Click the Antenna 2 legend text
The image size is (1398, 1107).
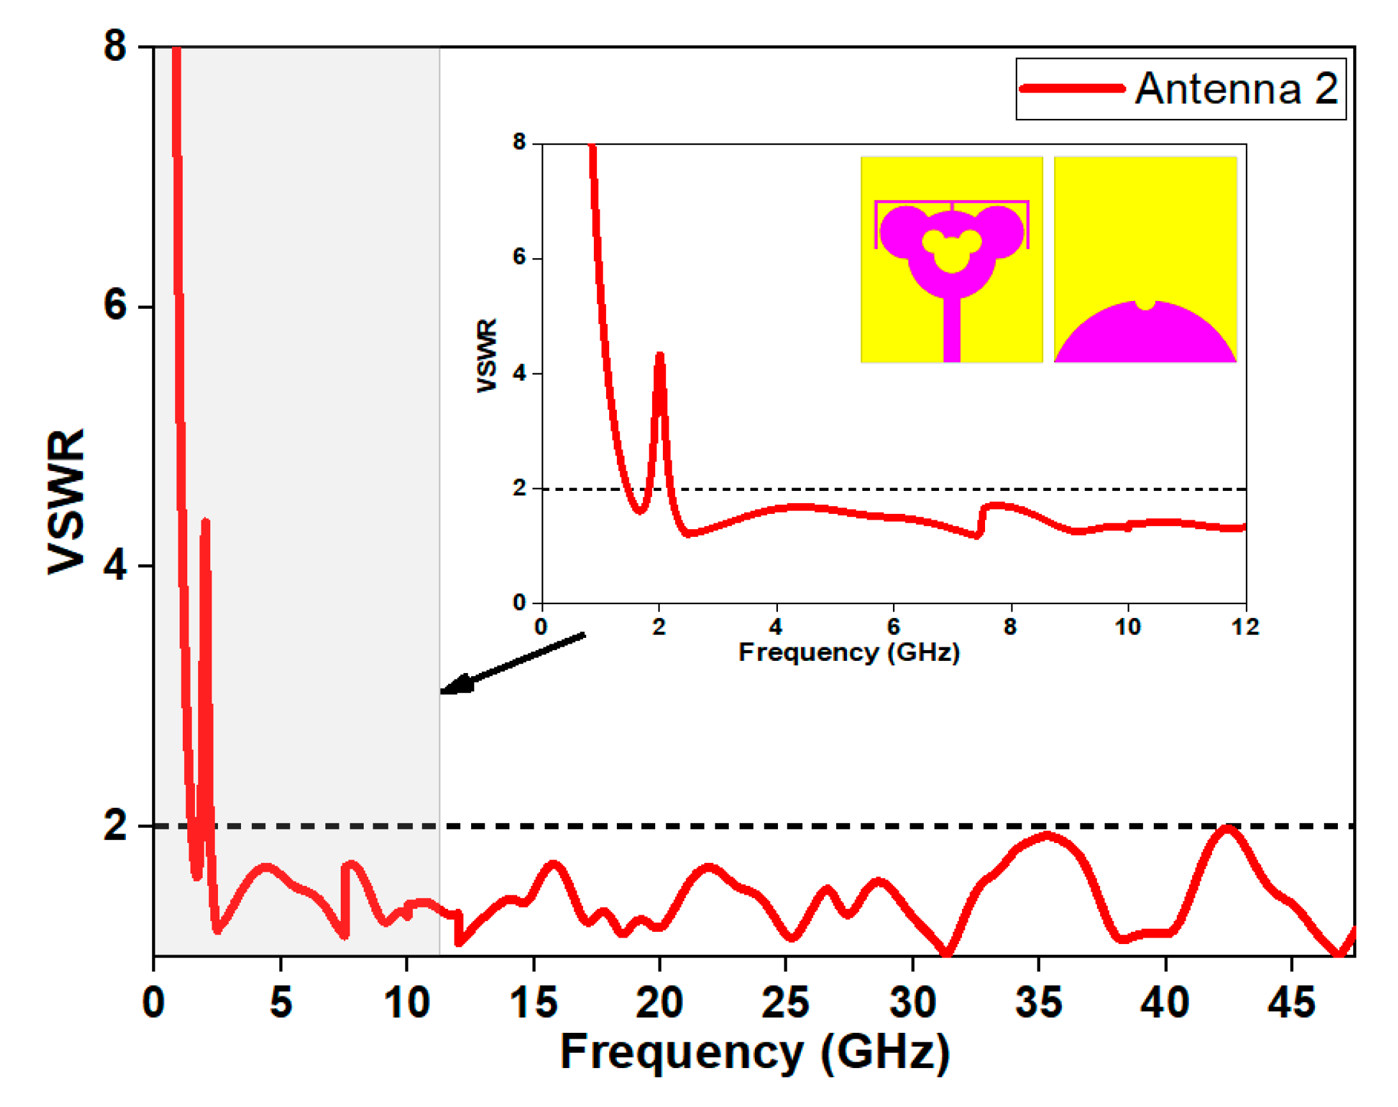(1236, 89)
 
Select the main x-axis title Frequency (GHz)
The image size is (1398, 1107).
(754, 1053)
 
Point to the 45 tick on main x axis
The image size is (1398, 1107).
(1292, 1002)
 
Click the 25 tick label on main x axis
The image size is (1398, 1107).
(786, 1002)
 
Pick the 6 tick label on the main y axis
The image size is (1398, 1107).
(114, 305)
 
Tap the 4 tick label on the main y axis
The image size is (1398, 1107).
(114, 565)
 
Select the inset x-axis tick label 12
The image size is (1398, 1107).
(1245, 627)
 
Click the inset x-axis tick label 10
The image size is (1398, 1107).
(1128, 627)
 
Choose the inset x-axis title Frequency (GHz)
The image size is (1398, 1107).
(848, 652)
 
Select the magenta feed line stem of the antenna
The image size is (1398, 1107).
(951, 330)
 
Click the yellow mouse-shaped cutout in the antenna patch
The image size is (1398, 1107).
(951, 252)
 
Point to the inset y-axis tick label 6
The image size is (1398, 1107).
(519, 257)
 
